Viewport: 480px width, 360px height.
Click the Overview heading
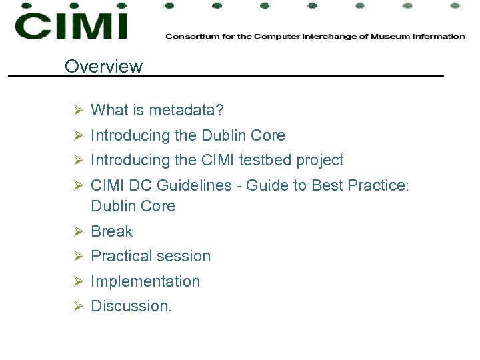pos(103,66)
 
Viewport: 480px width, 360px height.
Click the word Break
pos(111,231)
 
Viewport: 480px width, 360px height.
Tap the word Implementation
pos(145,281)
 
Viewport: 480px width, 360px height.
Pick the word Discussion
pos(131,306)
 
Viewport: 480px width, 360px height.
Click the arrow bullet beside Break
pos(77,231)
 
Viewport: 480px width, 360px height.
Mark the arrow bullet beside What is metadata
pos(77,109)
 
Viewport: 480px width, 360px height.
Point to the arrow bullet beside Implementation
pos(77,281)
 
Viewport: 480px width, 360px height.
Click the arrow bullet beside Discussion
pos(77,306)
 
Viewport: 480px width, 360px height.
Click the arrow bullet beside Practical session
pos(77,256)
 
